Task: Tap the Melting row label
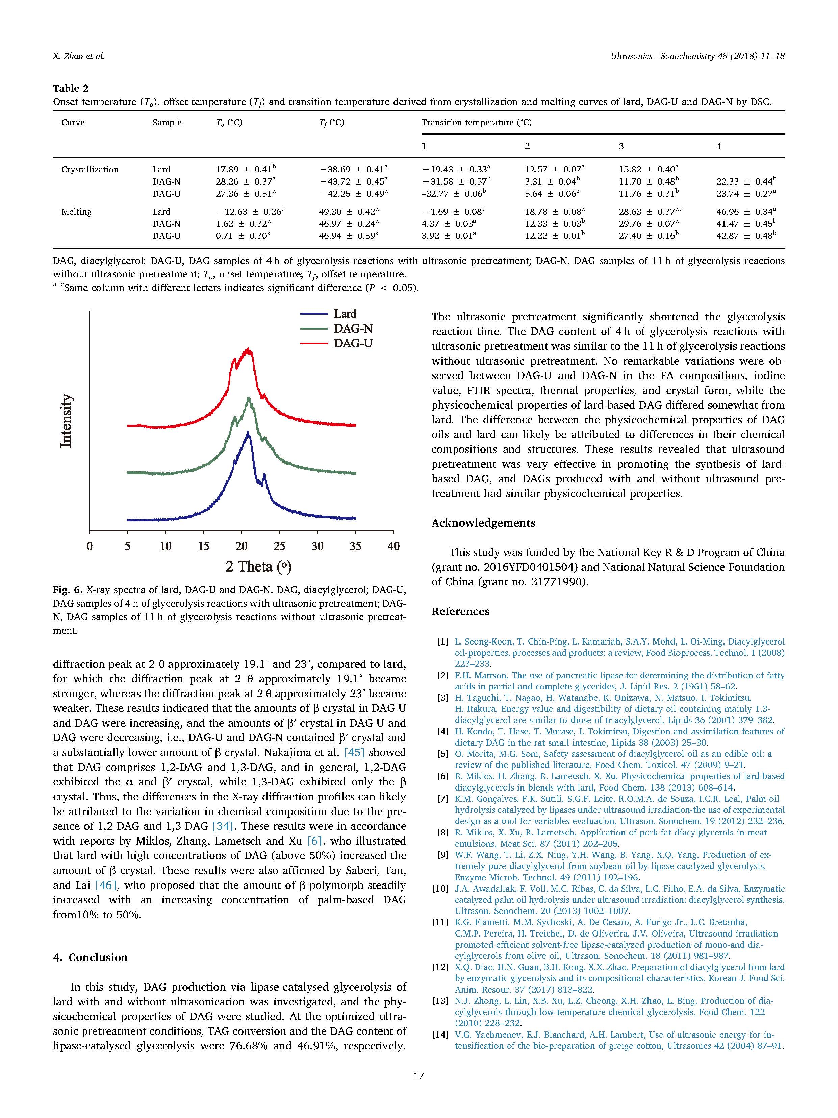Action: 76,212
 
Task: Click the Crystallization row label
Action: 90,169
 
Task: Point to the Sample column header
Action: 167,122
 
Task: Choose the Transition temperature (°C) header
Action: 476,122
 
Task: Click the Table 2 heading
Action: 71,88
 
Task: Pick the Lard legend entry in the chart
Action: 345,314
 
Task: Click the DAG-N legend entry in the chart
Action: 353,329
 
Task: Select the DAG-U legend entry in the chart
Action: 353,343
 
